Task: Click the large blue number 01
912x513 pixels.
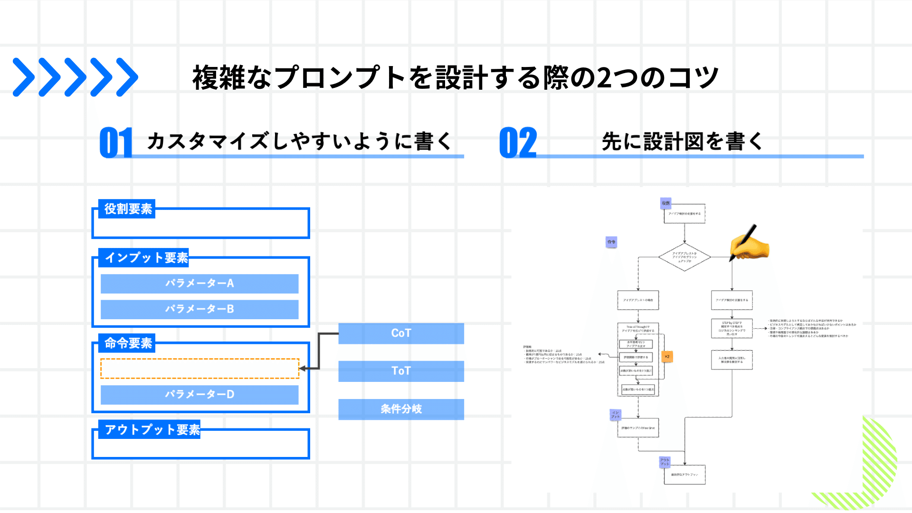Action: [x=115, y=142]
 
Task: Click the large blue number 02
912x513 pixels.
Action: [x=518, y=142]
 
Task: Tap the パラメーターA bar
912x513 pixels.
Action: [x=199, y=284]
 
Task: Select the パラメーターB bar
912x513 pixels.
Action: [x=199, y=309]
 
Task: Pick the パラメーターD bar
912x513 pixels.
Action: [x=199, y=395]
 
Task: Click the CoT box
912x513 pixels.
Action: [x=401, y=333]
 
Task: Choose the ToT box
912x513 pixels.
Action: [x=401, y=371]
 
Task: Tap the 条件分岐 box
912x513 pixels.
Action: [x=401, y=409]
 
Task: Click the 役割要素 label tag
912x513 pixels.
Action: [x=127, y=209]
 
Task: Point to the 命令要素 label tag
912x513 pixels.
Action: [x=127, y=343]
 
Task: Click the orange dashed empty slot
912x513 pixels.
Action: [x=199, y=369]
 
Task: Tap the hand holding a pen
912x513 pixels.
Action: [x=749, y=244]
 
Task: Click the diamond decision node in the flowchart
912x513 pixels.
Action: [x=684, y=257]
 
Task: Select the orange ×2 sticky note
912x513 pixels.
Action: [x=667, y=356]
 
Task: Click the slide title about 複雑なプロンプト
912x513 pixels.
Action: [x=455, y=77]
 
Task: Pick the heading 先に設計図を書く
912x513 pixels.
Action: [x=682, y=142]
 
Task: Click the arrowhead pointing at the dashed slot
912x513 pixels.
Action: [x=302, y=369]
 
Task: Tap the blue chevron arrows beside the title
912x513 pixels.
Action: [x=75, y=77]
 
